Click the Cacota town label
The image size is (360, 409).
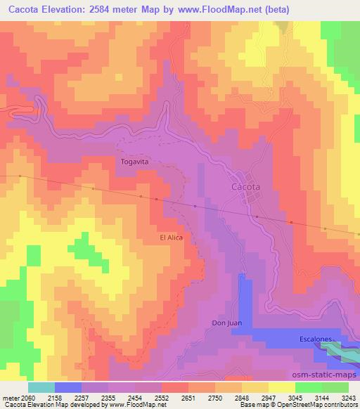tap(245, 188)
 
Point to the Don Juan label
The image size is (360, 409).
tap(226, 323)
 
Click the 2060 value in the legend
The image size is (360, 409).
tap(26, 397)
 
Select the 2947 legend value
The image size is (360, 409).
tap(268, 397)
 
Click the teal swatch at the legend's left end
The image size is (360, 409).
tap(41, 387)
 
